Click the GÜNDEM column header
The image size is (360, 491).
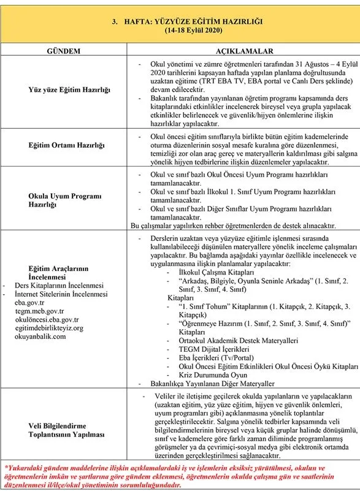(x=69, y=51)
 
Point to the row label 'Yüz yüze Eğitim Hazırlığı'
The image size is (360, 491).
(x=69, y=89)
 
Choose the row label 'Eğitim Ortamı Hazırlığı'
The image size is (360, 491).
(x=69, y=145)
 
